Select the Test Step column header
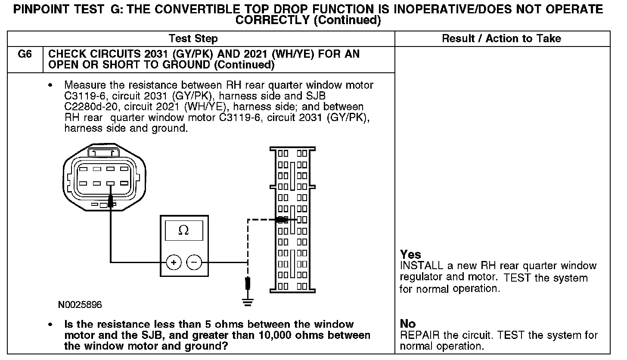193,39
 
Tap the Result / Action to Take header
502,39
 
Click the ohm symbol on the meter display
183,231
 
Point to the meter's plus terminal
174,262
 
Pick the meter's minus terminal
195,262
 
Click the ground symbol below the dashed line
247,302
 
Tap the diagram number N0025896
80,305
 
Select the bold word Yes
410,254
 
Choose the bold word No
408,324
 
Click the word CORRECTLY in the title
273,20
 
